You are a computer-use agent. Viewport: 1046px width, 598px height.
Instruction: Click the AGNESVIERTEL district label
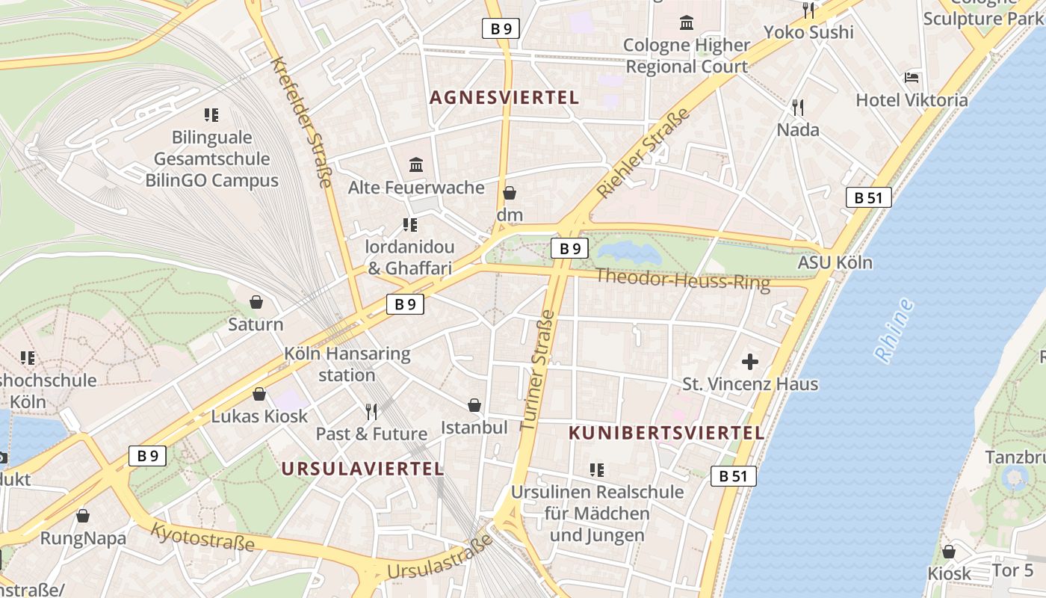point(504,97)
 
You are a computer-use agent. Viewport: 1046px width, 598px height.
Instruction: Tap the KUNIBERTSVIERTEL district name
point(666,433)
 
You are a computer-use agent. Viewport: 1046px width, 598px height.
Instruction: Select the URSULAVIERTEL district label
point(362,469)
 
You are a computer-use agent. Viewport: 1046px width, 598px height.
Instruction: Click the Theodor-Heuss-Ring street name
point(682,280)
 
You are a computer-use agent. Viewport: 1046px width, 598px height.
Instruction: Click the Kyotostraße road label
point(202,537)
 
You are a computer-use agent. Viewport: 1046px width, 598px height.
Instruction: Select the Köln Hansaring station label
point(347,363)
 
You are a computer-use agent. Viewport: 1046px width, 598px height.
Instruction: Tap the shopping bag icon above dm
point(510,194)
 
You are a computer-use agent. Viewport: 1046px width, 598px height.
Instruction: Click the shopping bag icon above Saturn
point(256,302)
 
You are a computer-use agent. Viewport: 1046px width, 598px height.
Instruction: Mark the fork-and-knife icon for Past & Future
point(371,411)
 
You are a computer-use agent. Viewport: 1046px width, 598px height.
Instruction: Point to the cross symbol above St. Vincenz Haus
point(750,363)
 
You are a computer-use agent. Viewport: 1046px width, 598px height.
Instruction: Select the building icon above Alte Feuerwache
point(416,164)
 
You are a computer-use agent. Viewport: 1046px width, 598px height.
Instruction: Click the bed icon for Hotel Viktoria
point(912,78)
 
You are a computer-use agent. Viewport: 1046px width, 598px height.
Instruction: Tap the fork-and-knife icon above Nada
point(798,108)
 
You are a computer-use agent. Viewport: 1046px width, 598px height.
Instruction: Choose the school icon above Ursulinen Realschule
point(596,470)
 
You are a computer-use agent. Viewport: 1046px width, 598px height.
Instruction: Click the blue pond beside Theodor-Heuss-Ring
point(629,252)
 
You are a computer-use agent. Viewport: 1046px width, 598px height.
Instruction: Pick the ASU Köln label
point(835,262)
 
